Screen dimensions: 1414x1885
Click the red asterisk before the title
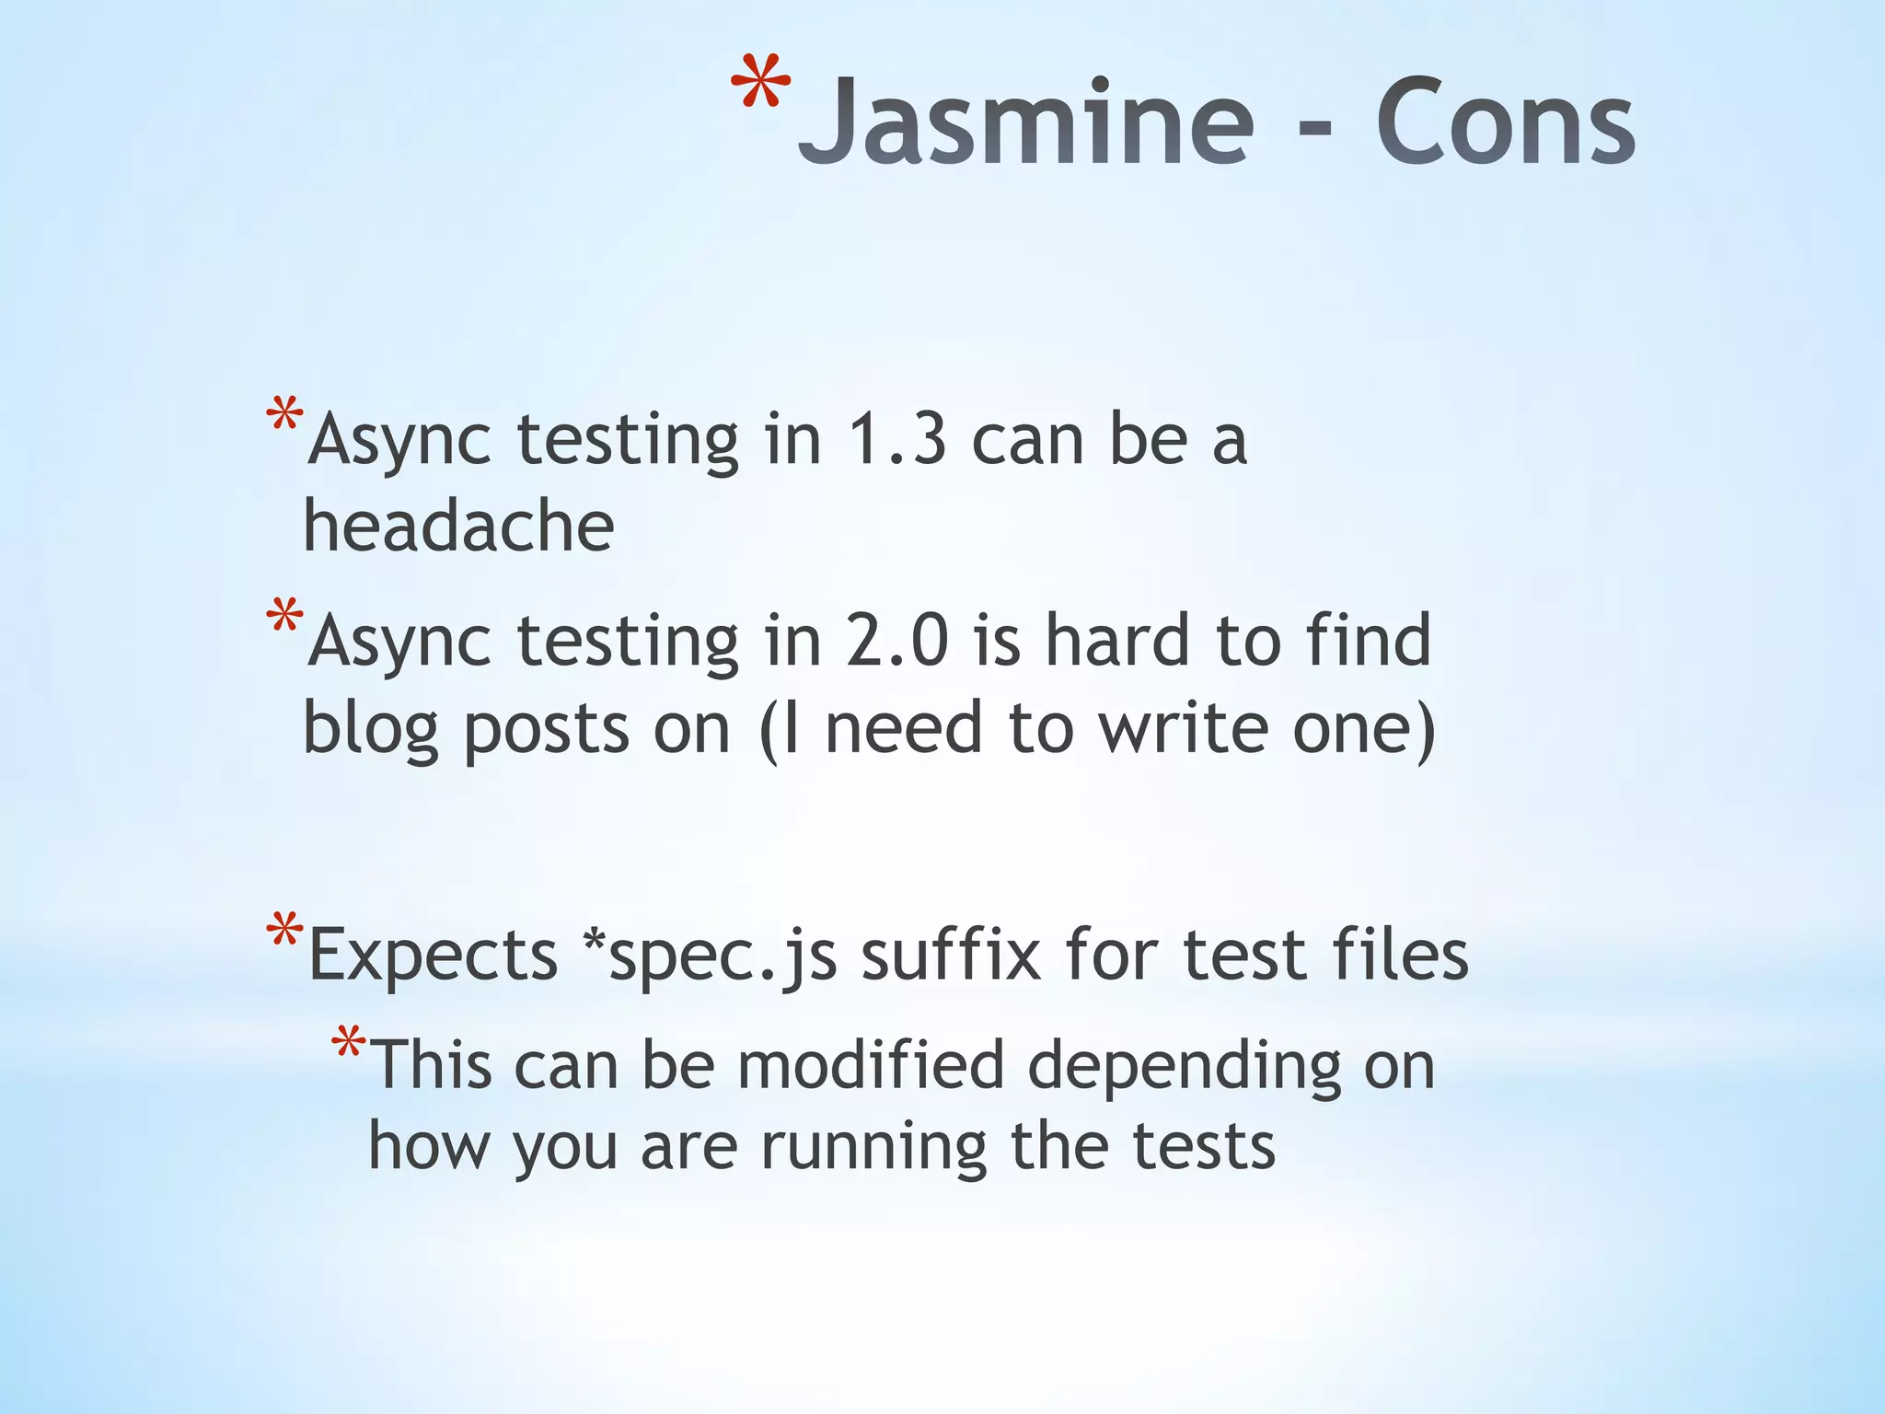[760, 85]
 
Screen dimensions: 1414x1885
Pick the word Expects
[433, 955]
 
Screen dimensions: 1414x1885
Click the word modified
[870, 1065]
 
